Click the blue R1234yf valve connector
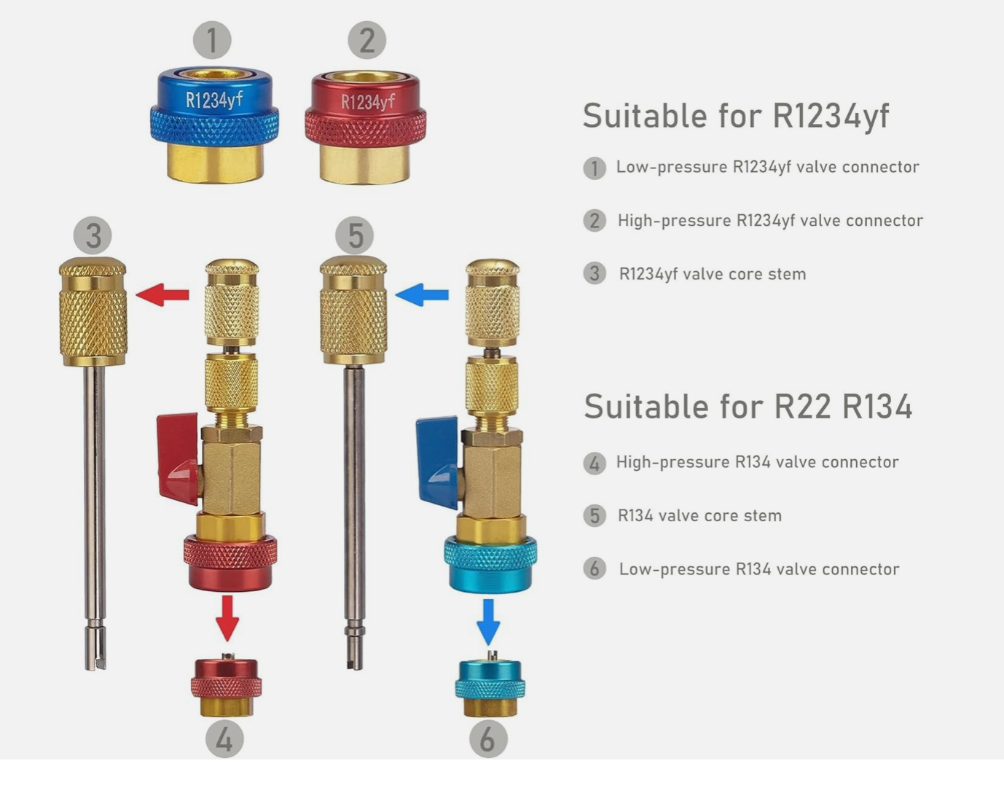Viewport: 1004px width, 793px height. point(215,125)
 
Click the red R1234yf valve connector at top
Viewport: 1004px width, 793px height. point(365,127)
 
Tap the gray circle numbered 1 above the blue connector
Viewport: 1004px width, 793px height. point(212,40)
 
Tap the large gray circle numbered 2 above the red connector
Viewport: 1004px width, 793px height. point(367,40)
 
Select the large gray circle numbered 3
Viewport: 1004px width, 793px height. point(93,235)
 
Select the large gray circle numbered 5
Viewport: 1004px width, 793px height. point(355,235)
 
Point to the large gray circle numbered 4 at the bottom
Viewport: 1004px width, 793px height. point(224,739)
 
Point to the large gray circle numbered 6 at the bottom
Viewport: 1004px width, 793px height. point(488,739)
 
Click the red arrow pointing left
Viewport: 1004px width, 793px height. point(162,295)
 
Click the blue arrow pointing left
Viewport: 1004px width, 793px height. point(422,295)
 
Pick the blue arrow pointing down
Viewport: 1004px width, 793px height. point(488,622)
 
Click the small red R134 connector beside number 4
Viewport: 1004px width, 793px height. point(227,685)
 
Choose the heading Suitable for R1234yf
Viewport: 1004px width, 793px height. point(736,116)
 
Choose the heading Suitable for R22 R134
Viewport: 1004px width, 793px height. point(748,407)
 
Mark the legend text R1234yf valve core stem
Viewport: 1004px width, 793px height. point(713,275)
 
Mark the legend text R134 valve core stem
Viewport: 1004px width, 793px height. point(699,516)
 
